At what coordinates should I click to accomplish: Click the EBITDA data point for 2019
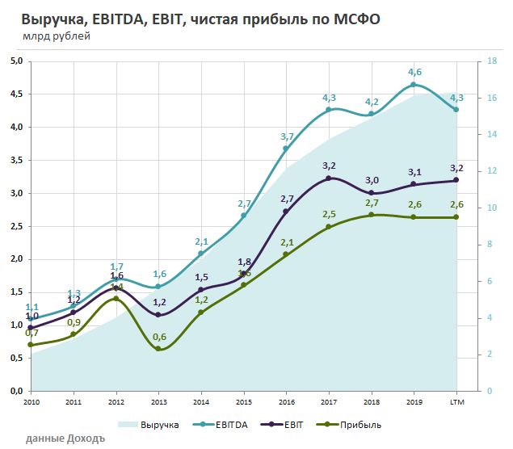click(414, 85)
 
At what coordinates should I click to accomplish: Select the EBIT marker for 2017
click(329, 178)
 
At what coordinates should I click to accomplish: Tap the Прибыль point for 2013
click(159, 349)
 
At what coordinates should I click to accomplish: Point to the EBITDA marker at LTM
click(456, 110)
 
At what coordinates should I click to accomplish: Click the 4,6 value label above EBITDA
click(415, 72)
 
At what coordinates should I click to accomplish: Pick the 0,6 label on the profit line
click(159, 337)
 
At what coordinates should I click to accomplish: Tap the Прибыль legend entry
click(351, 424)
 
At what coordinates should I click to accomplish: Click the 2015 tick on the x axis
click(244, 401)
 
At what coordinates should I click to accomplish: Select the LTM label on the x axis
click(456, 401)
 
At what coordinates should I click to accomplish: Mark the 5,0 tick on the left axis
click(15, 61)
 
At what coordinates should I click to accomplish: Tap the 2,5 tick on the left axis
click(15, 226)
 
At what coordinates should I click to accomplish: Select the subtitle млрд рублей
click(57, 36)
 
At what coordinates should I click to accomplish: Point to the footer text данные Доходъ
click(65, 439)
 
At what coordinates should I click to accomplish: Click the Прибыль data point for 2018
click(372, 215)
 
